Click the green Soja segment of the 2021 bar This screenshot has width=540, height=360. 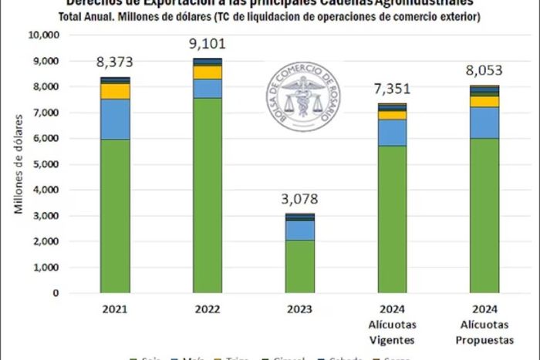[x=114, y=216]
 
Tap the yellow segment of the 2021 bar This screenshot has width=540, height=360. [x=114, y=91]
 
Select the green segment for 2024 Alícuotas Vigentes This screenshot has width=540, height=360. [x=392, y=219]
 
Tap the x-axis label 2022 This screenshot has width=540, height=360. [x=207, y=309]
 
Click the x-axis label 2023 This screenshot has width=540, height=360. [x=299, y=309]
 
